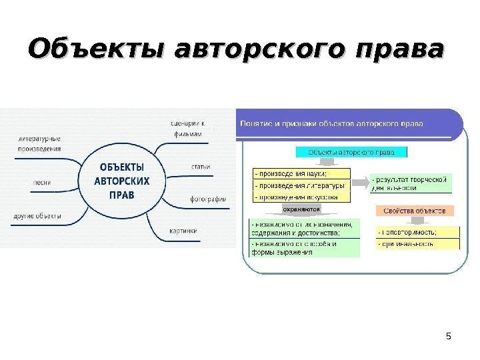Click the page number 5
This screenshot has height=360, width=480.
[448, 335]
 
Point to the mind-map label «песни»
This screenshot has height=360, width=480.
[41, 181]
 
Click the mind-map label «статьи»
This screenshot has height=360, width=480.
[200, 167]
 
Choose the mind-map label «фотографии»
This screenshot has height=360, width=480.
[208, 199]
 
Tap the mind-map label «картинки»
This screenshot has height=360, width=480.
[183, 231]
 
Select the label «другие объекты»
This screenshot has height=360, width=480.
[37, 216]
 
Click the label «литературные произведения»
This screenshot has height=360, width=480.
[39, 144]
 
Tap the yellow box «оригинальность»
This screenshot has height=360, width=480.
[417, 244]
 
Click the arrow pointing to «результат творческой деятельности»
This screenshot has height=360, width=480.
[359, 182]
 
